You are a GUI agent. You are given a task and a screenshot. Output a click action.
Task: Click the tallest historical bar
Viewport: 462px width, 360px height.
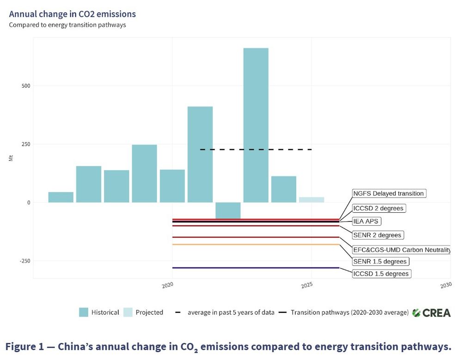pyautogui.click(x=255, y=125)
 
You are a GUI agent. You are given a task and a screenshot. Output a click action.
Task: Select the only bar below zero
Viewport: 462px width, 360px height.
pyautogui.click(x=228, y=210)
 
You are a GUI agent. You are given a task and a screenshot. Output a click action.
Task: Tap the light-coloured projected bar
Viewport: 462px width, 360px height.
pyautogui.click(x=311, y=199)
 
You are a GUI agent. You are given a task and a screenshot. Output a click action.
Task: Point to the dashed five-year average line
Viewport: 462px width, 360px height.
pyautogui.click(x=256, y=150)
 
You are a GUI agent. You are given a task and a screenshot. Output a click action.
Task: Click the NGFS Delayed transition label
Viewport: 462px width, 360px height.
pyautogui.click(x=389, y=193)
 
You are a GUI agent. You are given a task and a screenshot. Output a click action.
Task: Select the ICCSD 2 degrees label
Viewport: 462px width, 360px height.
pyautogui.click(x=378, y=208)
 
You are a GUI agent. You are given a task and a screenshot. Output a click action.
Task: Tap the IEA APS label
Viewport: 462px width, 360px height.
pyautogui.click(x=365, y=221)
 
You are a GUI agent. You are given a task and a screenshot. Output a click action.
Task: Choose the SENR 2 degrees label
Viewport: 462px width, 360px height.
pyautogui.click(x=377, y=235)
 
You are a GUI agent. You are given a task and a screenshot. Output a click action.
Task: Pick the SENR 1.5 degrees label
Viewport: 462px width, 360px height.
pyautogui.click(x=379, y=262)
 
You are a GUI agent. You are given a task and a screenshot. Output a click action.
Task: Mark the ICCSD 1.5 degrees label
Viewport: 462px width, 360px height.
pyautogui.click(x=381, y=274)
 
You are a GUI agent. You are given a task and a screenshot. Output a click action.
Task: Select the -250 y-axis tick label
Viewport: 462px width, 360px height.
pyautogui.click(x=24, y=261)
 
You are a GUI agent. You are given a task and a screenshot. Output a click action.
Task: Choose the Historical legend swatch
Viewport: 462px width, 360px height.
pyautogui.click(x=84, y=312)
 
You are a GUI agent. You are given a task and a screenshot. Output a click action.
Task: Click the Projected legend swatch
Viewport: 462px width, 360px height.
pyautogui.click(x=128, y=312)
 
